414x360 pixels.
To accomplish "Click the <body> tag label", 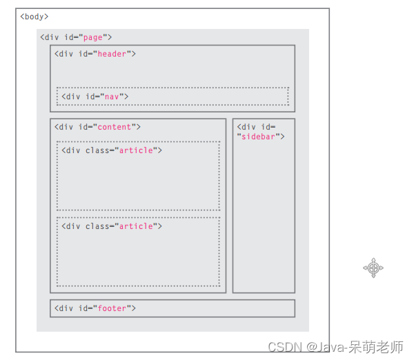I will coord(34,17).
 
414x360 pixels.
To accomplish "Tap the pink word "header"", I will coord(113,54).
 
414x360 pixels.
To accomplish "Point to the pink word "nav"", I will coord(112,97).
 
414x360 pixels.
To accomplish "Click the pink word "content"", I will coord(116,127).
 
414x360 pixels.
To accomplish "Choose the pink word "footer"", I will coord(112,308).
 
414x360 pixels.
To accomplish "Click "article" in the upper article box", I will coord(136,150).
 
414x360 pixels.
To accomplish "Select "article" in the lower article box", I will coord(136,226).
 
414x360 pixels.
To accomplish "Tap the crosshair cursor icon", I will coord(373,268).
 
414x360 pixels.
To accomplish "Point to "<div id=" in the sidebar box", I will coord(256,127).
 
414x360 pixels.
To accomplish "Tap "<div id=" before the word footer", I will coord(73,308).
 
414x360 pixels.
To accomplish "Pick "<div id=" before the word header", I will coord(73,54).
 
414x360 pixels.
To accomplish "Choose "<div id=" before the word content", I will coord(73,127).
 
